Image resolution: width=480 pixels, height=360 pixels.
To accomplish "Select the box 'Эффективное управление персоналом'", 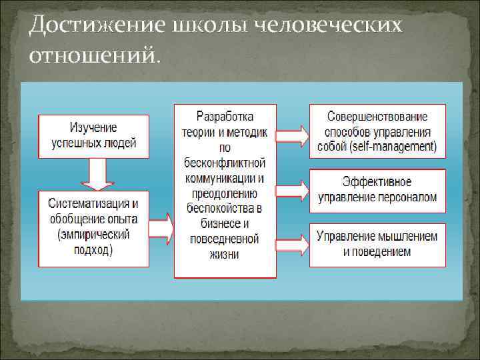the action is tap(377, 190).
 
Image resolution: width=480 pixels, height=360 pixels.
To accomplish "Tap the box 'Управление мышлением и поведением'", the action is tap(377, 243).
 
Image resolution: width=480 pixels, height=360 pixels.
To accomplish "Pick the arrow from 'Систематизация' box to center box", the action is tap(161, 228).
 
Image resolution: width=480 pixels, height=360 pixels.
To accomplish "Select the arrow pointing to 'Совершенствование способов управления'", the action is tap(291, 135).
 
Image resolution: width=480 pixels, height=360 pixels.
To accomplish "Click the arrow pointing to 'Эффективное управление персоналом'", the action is tap(291, 190).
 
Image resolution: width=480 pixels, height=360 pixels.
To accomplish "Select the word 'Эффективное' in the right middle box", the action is tap(377, 182).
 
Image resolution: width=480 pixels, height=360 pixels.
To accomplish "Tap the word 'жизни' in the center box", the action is tap(225, 254).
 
